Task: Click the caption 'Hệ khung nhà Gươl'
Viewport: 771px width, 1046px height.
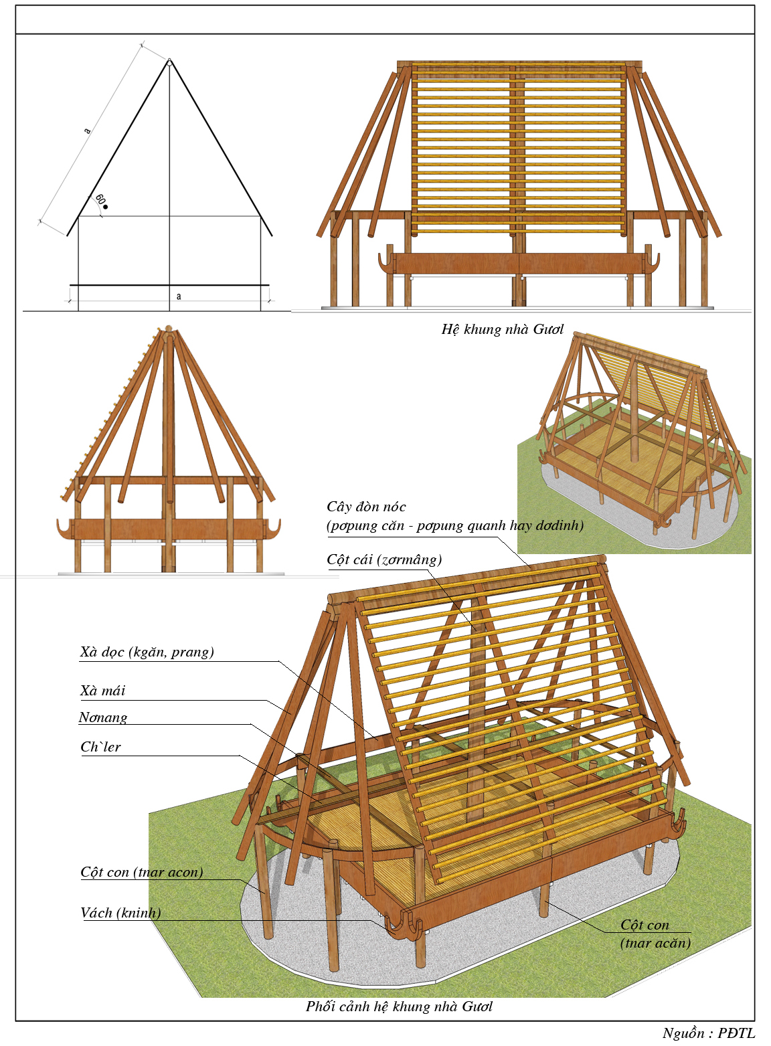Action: click(502, 329)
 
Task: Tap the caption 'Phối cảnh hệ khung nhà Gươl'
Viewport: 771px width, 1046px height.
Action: click(399, 1007)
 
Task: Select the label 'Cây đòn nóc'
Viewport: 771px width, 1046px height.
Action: click(366, 507)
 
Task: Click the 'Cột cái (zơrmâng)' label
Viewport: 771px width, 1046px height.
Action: click(384, 559)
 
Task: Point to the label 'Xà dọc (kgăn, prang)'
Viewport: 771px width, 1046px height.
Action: click(147, 652)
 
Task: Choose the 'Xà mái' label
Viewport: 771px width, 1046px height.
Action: click(102, 691)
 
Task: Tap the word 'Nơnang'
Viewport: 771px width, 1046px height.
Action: click(102, 717)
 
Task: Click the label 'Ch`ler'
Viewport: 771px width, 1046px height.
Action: click(100, 747)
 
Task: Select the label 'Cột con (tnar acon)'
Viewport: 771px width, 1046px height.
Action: click(141, 872)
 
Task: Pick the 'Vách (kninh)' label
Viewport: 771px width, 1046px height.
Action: click(120, 913)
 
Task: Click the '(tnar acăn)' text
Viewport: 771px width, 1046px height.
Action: click(655, 943)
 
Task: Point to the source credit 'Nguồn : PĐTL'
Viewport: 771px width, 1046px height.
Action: click(708, 1033)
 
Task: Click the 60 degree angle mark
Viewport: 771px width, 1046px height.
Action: click(100, 200)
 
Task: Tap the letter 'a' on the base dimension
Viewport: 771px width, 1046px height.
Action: click(179, 296)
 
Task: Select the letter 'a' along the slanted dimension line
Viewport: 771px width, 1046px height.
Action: click(87, 130)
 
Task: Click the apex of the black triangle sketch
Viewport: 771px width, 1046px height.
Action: click(169, 62)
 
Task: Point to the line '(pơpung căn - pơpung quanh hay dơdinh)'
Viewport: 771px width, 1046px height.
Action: click(455, 525)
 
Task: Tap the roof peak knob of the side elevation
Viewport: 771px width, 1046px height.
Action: click(168, 329)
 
